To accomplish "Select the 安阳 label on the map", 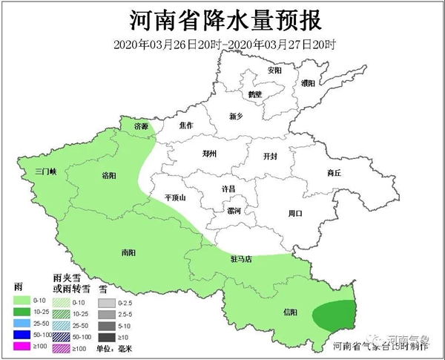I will click(274, 71).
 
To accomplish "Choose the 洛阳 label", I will click(109, 176).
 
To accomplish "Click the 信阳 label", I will click(292, 312).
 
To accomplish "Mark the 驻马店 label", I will click(241, 260).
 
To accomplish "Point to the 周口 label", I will click(295, 213).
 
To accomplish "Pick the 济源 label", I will click(141, 127).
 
